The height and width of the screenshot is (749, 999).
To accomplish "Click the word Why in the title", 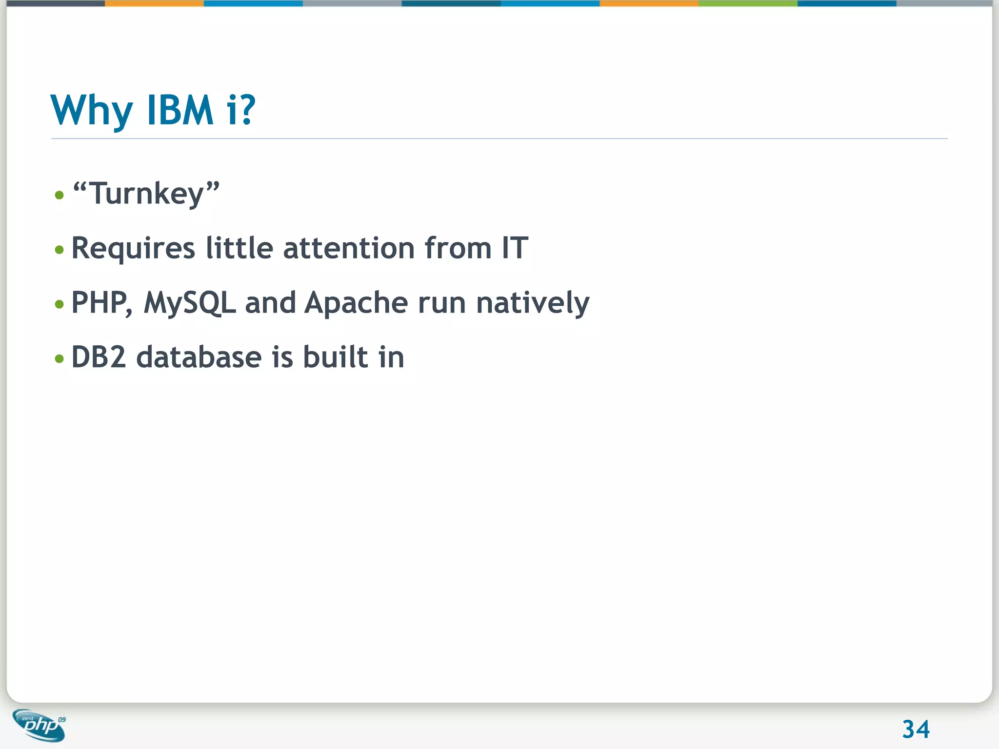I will (x=92, y=111).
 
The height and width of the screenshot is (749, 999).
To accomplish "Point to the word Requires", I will (x=133, y=249).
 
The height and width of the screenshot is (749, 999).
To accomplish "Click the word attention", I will (x=349, y=248).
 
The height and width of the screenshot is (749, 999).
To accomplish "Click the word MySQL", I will (x=190, y=303).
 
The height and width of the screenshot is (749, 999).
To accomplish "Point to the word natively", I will (x=533, y=303).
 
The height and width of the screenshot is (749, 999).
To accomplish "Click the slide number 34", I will (x=916, y=729).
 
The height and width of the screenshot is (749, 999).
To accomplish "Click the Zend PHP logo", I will (x=39, y=726).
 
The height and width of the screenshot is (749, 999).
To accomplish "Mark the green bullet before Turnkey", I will (x=60, y=196).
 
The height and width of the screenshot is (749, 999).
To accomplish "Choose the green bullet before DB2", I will (x=60, y=359).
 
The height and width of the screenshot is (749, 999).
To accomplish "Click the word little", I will (x=239, y=248).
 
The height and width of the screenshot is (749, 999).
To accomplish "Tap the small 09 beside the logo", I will (x=62, y=720).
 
